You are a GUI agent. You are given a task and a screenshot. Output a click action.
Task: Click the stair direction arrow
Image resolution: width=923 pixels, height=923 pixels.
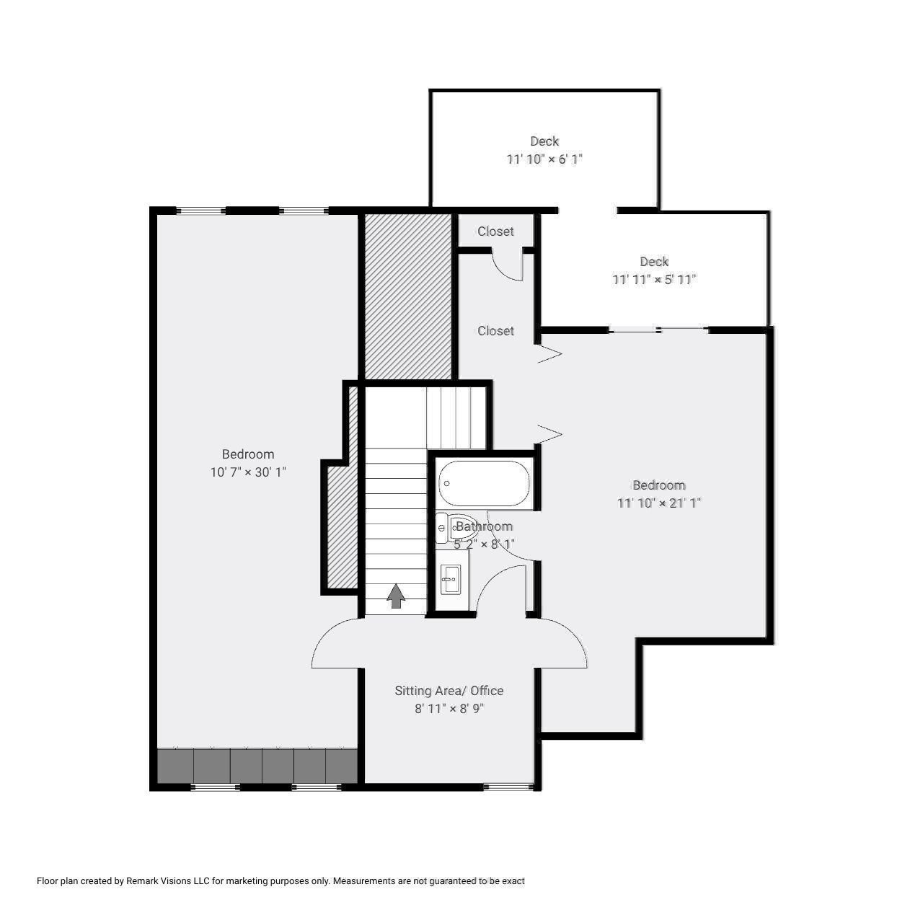(x=395, y=596)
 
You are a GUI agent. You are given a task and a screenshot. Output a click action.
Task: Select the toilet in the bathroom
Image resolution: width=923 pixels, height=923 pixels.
(x=454, y=529)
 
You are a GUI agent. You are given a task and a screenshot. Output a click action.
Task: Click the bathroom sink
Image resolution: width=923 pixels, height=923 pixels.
(x=451, y=578)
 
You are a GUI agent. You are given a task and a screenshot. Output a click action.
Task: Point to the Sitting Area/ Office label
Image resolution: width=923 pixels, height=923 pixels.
(x=449, y=691)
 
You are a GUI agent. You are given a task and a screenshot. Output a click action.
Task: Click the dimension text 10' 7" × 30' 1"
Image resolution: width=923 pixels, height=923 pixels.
(x=248, y=472)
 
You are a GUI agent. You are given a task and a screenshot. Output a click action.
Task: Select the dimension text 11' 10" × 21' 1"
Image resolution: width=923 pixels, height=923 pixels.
(x=658, y=503)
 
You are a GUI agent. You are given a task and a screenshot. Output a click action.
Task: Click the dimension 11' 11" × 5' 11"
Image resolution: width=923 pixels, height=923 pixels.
(x=654, y=280)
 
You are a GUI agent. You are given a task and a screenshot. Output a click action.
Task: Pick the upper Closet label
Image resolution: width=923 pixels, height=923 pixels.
(x=495, y=231)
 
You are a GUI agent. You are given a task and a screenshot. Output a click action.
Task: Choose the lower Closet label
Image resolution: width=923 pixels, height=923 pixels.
(x=495, y=331)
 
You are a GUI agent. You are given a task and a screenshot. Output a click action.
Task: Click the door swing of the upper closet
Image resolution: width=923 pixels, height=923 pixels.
(x=507, y=265)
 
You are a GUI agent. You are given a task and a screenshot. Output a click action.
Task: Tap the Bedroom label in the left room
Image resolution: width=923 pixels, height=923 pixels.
(x=248, y=454)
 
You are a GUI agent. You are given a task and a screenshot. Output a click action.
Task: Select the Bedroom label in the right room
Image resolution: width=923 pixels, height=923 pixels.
(x=658, y=485)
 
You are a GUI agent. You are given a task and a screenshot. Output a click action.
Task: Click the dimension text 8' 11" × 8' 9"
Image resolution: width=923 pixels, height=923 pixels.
(x=449, y=709)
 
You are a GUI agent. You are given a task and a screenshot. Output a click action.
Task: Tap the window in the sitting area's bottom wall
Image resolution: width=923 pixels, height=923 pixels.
(x=508, y=786)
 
